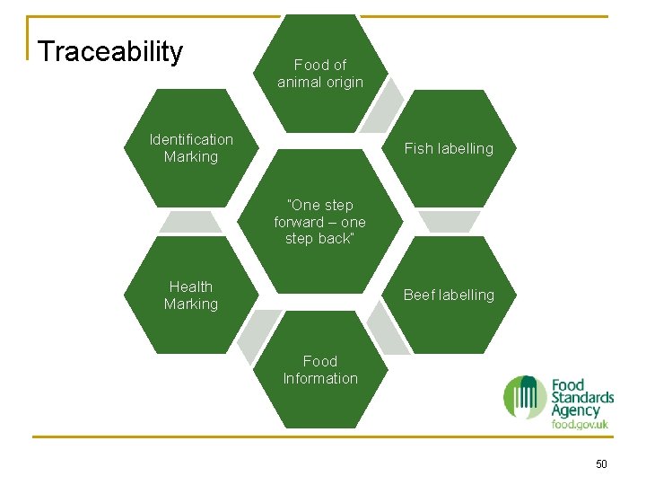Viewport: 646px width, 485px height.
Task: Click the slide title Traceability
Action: click(x=110, y=52)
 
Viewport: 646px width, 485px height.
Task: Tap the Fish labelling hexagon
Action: click(x=449, y=148)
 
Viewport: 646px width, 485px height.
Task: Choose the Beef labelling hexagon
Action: click(x=449, y=295)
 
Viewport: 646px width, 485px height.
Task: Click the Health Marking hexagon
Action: click(x=191, y=295)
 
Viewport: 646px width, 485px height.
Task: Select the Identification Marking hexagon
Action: click(x=191, y=148)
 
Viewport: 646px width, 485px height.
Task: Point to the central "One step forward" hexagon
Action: click(x=320, y=222)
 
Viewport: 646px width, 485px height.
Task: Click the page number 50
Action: click(x=601, y=463)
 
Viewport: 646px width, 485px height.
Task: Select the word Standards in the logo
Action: click(x=582, y=397)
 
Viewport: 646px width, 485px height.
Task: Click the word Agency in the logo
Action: click(x=575, y=410)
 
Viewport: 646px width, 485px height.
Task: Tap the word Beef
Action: click(x=419, y=295)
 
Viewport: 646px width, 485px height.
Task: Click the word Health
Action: click(x=191, y=287)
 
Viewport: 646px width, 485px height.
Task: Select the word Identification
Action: click(x=191, y=139)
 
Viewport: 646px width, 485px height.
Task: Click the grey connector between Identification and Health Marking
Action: click(x=190, y=221)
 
